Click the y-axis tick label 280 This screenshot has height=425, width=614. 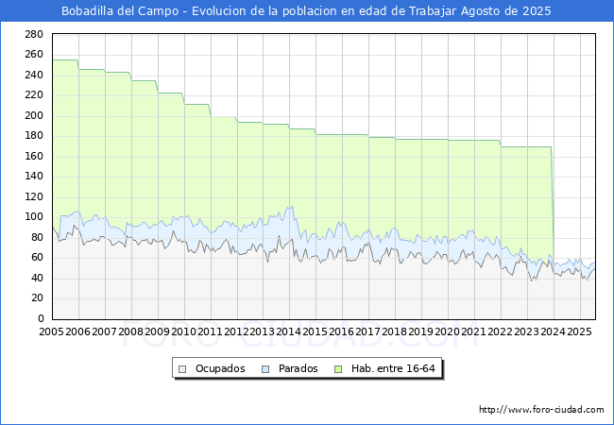(34, 34)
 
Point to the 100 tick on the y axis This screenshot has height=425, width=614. (34, 217)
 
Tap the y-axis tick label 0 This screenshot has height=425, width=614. (41, 318)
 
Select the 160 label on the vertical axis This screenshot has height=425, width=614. (34, 156)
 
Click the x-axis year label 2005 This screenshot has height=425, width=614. (51, 331)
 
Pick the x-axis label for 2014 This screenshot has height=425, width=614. (289, 331)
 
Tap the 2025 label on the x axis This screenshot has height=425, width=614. (579, 331)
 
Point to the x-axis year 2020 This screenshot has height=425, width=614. (447, 331)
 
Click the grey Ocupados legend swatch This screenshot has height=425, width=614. (182, 369)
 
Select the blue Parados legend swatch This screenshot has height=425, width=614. (265, 369)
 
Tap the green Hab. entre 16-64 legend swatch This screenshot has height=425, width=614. (338, 369)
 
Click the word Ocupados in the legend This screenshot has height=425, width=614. (220, 368)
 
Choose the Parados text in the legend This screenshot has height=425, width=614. (298, 368)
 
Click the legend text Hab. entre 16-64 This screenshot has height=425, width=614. (393, 368)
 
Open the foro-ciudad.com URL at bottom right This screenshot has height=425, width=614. (541, 409)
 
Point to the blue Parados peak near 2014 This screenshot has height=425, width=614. (292, 207)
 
